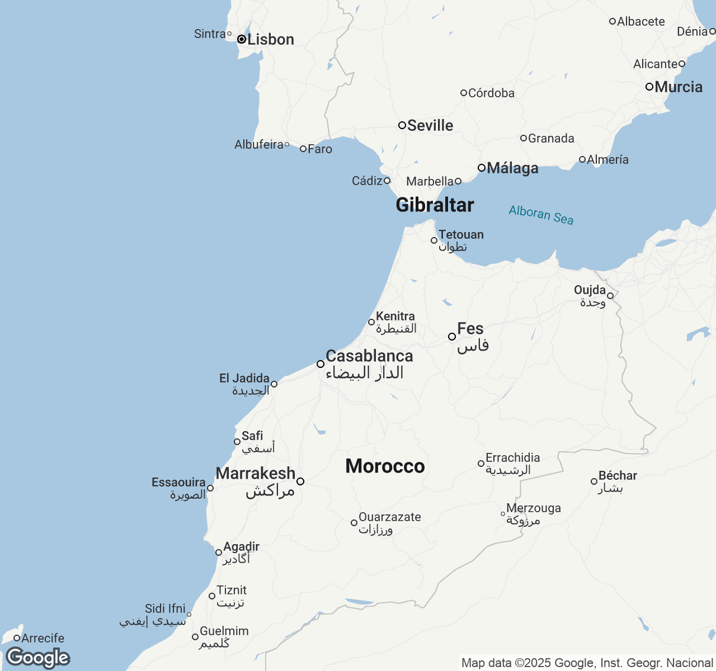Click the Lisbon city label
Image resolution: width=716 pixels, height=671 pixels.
(x=271, y=40)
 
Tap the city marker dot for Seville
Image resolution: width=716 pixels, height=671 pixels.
(x=402, y=125)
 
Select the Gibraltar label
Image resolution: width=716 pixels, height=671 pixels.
(x=435, y=205)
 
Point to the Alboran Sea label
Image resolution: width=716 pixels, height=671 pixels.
(x=541, y=215)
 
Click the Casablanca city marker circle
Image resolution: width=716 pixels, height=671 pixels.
(x=321, y=364)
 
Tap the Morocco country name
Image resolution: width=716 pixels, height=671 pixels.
(x=385, y=466)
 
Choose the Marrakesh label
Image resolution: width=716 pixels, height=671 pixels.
(x=256, y=474)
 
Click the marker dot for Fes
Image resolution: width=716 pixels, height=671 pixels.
(x=452, y=337)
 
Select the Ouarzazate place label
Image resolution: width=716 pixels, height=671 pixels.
(x=390, y=517)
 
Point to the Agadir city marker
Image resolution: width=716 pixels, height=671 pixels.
(x=219, y=552)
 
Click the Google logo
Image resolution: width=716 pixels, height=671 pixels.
(x=37, y=658)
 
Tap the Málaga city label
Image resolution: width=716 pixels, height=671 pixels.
(x=512, y=168)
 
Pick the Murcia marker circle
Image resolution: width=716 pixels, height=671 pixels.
(x=649, y=87)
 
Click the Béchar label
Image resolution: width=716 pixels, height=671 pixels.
(x=618, y=476)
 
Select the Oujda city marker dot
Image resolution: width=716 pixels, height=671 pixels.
(x=610, y=296)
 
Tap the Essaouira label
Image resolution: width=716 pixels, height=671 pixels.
(x=178, y=483)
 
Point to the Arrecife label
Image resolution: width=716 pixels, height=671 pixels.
(x=43, y=638)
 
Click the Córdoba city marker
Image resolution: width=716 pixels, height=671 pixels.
(x=464, y=93)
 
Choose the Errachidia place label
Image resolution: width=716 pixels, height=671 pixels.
(x=512, y=458)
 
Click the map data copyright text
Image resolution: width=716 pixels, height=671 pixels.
(x=587, y=663)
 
